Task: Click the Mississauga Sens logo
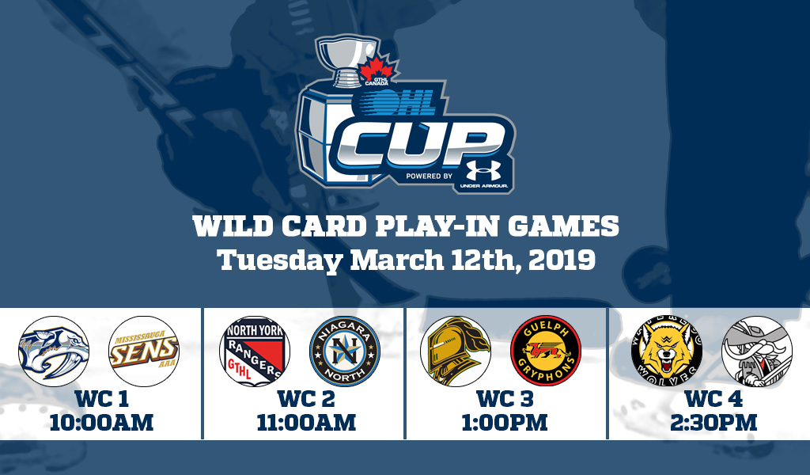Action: (x=143, y=351)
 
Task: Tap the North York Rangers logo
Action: (x=254, y=351)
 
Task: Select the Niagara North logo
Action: (x=345, y=351)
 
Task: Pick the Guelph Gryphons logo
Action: (x=547, y=351)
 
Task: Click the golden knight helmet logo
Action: (x=456, y=351)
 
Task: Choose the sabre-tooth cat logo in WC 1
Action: (x=52, y=351)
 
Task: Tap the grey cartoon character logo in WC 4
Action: (x=756, y=351)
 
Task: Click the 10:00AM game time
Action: (x=100, y=422)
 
